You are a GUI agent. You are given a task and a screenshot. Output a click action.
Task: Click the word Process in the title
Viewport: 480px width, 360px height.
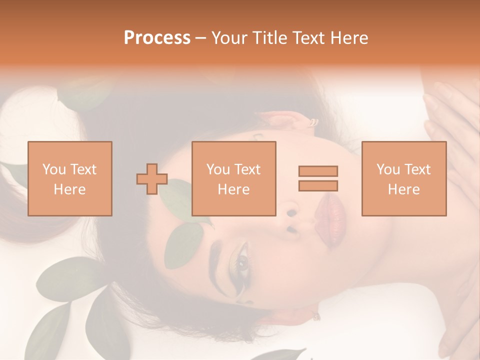(157, 38)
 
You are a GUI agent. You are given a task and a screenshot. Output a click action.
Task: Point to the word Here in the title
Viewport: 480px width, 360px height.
(350, 38)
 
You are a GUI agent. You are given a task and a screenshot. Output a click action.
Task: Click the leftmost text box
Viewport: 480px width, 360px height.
(69, 178)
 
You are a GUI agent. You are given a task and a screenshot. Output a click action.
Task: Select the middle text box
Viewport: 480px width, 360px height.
(233, 178)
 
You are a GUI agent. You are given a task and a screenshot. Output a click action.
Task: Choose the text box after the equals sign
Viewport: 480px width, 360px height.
(403, 178)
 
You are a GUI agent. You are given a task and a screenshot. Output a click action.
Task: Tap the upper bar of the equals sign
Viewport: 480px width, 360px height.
(318, 171)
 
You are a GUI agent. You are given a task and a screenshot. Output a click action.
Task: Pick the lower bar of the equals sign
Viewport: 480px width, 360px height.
(318, 185)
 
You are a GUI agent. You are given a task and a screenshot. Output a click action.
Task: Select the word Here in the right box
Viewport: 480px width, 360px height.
(403, 189)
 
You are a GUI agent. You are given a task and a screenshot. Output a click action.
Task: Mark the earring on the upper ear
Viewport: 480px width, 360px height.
(313, 122)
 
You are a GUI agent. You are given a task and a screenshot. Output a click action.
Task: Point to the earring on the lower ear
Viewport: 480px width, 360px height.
(316, 316)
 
